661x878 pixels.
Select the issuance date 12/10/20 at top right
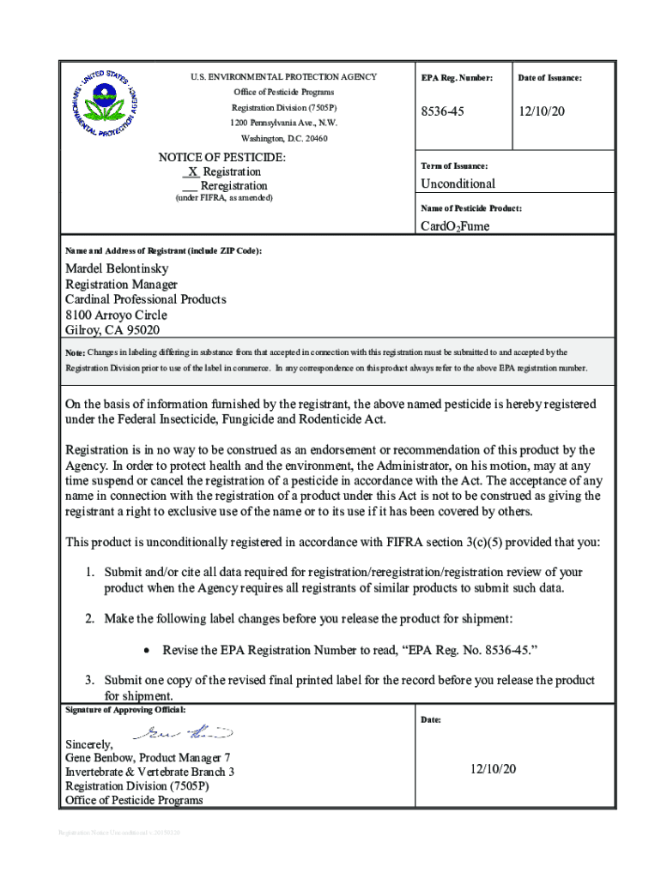click(x=541, y=112)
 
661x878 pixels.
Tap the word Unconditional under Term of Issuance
click(x=458, y=183)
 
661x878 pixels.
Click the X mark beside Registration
click(x=193, y=171)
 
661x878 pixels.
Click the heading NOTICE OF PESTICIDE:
click(x=222, y=158)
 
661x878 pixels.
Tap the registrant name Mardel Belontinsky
click(x=117, y=268)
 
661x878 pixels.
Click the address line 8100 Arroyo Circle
click(x=116, y=315)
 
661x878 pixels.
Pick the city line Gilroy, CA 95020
click(x=112, y=330)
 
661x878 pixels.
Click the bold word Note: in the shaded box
click(x=76, y=353)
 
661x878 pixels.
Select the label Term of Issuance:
click(x=454, y=165)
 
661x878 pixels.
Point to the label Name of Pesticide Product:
click(x=470, y=208)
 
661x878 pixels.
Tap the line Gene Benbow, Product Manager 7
click(x=148, y=758)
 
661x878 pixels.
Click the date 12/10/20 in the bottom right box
click(x=493, y=769)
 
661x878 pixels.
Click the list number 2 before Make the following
click(x=88, y=618)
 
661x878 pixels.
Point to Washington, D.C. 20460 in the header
click(x=283, y=138)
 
